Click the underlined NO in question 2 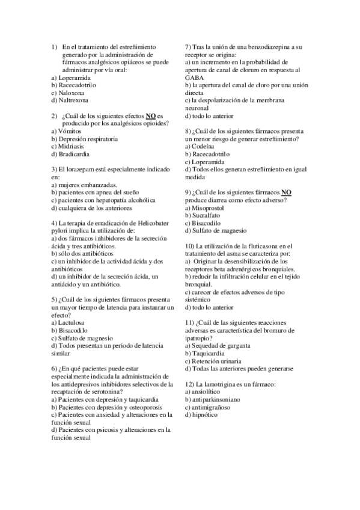152,116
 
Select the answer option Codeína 203,147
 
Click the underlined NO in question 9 286,192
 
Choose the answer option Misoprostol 209,207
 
